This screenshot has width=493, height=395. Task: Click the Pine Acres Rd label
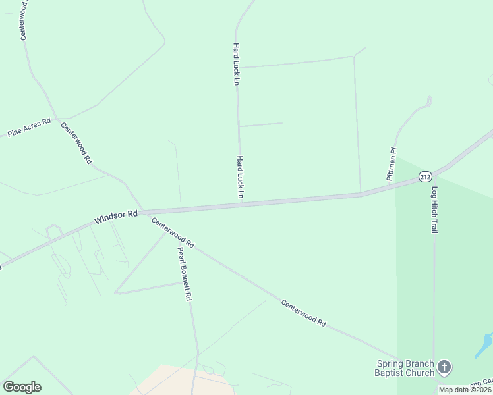(x=28, y=128)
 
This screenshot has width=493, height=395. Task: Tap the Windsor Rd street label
(x=115, y=217)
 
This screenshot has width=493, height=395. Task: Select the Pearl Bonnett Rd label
(x=184, y=273)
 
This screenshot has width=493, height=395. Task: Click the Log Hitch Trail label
(x=434, y=209)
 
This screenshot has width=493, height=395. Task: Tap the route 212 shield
(x=425, y=176)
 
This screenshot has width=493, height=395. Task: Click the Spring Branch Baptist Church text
(x=405, y=367)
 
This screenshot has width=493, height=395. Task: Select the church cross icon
(x=445, y=367)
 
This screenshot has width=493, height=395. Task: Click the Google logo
(x=22, y=387)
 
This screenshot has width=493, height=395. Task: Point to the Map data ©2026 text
(x=465, y=390)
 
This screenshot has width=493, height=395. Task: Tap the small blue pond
(x=484, y=344)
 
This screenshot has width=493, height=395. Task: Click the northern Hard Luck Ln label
(x=235, y=65)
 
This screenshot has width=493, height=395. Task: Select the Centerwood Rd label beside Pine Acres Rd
(x=76, y=143)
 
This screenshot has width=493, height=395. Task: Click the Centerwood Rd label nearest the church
(x=304, y=314)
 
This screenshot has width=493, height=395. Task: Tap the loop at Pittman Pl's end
(x=429, y=101)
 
